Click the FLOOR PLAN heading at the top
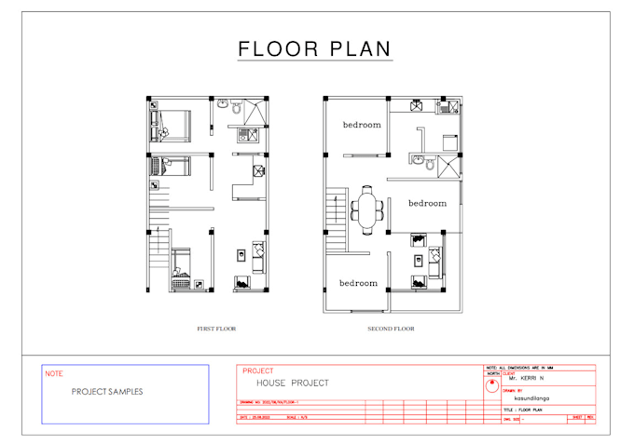(x=314, y=48)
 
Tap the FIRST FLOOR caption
(x=216, y=329)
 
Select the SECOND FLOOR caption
(x=392, y=329)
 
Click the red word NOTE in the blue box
(x=54, y=374)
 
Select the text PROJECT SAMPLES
(x=107, y=392)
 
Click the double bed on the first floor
(x=172, y=123)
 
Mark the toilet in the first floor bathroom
(x=236, y=109)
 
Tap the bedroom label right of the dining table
(x=427, y=203)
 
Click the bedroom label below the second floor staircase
(x=358, y=283)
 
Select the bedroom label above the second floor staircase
(x=361, y=125)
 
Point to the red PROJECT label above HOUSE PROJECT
(x=257, y=370)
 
